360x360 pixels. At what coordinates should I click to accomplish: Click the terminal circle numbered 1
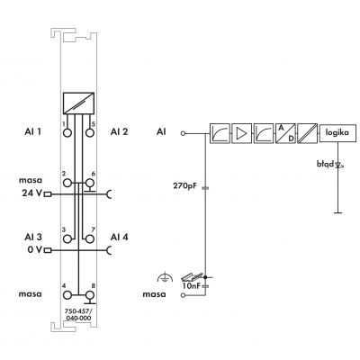click(x=67, y=132)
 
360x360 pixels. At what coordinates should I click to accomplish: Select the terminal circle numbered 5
click(x=90, y=132)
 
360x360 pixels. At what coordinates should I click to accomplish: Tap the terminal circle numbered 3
click(x=67, y=238)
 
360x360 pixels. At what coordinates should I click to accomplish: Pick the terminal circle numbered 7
click(x=90, y=238)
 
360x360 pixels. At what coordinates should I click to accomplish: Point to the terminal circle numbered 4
click(x=67, y=295)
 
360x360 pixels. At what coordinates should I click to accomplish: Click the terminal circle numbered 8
click(x=90, y=295)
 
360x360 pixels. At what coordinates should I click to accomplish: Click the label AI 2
click(x=119, y=131)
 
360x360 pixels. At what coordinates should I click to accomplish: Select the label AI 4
click(x=119, y=237)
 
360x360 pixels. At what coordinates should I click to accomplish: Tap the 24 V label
click(x=32, y=193)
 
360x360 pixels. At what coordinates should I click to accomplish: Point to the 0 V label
click(x=35, y=249)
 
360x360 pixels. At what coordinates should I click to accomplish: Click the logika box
click(x=337, y=132)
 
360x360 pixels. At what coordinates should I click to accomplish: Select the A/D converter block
click(x=285, y=133)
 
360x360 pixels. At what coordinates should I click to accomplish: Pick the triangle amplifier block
click(x=241, y=133)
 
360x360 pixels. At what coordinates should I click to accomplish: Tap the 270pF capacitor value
click(x=184, y=186)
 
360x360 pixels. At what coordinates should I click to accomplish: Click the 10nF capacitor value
click(x=191, y=286)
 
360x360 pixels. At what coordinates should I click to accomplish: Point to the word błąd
click(x=325, y=164)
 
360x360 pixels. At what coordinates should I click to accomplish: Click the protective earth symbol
click(x=165, y=278)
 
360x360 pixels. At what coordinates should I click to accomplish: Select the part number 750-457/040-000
click(x=78, y=315)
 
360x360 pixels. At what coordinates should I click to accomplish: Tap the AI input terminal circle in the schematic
click(x=183, y=133)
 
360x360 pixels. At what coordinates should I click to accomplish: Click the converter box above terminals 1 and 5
click(x=78, y=103)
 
